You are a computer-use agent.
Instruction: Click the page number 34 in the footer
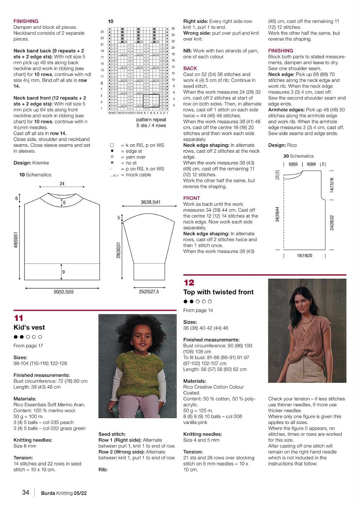click(26, 492)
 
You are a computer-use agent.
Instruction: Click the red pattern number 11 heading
click(19, 318)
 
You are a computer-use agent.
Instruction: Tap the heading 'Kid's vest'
click(29, 327)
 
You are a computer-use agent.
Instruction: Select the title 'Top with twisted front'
click(218, 292)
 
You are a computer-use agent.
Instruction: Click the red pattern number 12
click(189, 283)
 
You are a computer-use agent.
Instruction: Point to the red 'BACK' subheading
click(190, 68)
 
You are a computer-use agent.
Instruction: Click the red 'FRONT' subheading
click(191, 198)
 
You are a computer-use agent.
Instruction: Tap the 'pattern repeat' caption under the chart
click(151, 120)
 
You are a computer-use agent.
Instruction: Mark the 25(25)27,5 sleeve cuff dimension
click(149, 291)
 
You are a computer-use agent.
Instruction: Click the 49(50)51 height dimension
click(16, 239)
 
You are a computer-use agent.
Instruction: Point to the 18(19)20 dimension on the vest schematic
click(305, 256)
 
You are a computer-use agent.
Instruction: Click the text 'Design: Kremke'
click(31, 163)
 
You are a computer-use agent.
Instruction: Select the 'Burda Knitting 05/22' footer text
click(64, 493)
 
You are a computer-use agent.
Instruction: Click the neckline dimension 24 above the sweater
click(62, 184)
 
